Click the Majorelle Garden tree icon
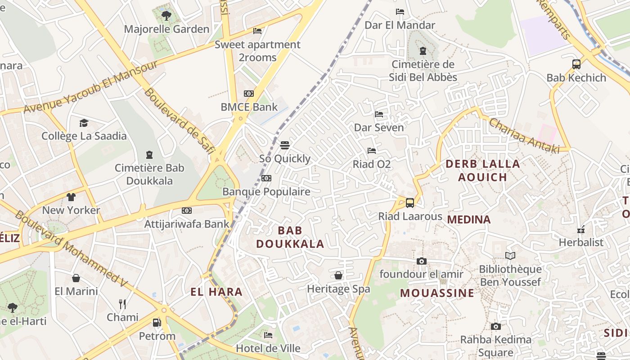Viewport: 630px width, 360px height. (x=166, y=16)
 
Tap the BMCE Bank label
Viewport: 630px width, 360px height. (x=249, y=107)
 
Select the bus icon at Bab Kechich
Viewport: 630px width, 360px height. (x=576, y=64)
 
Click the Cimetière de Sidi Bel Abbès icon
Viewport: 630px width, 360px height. (x=423, y=51)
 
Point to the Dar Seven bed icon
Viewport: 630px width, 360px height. (x=379, y=114)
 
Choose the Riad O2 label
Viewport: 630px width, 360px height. (x=371, y=164)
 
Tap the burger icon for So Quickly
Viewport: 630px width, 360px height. (x=285, y=145)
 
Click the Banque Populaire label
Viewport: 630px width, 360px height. (x=266, y=192)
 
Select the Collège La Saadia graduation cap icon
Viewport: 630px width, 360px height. (x=84, y=123)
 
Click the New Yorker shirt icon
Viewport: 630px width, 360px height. (x=71, y=197)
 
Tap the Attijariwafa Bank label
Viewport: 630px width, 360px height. (x=187, y=224)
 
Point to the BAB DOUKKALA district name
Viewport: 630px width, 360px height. (x=290, y=237)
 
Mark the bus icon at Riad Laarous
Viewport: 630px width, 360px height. (x=410, y=203)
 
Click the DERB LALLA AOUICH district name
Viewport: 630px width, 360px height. (x=482, y=170)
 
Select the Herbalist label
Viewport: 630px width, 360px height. (x=580, y=242)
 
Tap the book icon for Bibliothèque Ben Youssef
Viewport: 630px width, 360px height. (x=510, y=256)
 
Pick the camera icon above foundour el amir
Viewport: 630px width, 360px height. (x=422, y=261)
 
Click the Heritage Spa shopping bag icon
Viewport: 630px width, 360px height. (x=338, y=275)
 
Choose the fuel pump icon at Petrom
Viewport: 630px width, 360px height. (x=157, y=323)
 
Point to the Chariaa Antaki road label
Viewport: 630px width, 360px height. (x=524, y=135)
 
